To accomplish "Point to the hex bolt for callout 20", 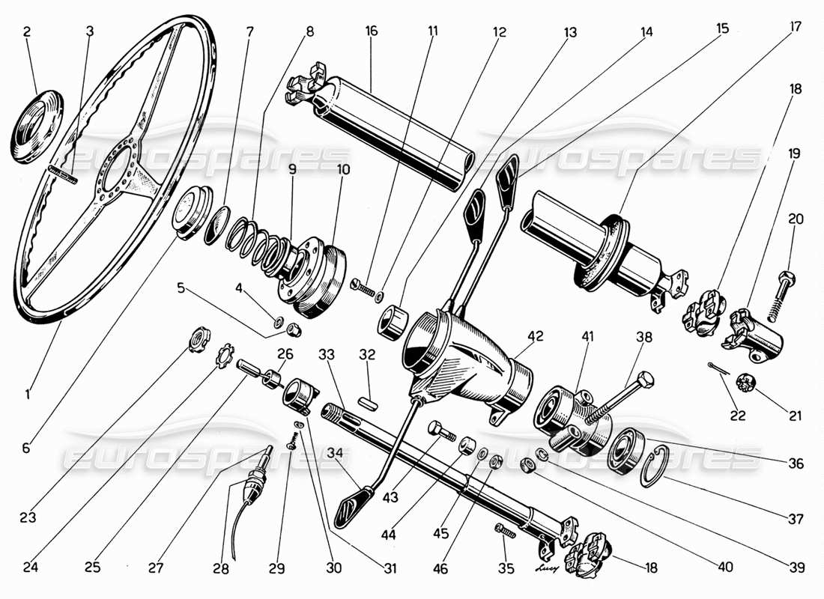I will (786, 287).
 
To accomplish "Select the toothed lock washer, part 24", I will (222, 357).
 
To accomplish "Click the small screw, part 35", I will (506, 531).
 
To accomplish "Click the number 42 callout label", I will (535, 336).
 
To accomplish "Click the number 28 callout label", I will (219, 569).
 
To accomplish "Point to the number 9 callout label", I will (291, 169).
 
